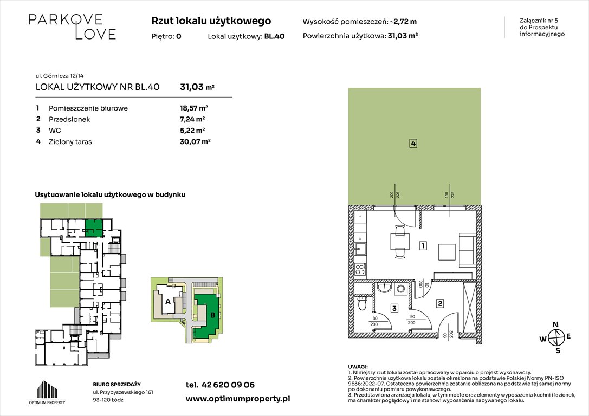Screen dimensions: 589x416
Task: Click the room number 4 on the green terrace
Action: tap(413, 143)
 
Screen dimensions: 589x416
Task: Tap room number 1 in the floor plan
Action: tap(423, 246)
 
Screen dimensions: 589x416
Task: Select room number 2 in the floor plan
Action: tap(440, 303)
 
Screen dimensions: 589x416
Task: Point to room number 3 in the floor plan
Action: tap(394, 309)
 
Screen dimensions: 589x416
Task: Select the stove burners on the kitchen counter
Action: tap(360, 269)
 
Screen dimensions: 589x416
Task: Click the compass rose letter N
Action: tap(555, 325)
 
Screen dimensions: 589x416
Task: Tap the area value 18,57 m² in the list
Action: tap(194, 108)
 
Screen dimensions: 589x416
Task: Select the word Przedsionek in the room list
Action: tap(69, 119)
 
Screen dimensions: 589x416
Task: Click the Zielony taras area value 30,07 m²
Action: tap(195, 141)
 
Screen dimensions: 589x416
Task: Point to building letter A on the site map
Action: tap(168, 302)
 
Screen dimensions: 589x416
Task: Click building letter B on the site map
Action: tap(212, 315)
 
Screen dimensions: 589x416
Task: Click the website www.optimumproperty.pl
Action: tap(238, 399)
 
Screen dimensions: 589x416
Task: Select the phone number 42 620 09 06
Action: tap(228, 385)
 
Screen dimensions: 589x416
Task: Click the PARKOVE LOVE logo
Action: tap(72, 27)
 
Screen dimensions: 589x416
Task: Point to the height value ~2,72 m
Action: tap(403, 22)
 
